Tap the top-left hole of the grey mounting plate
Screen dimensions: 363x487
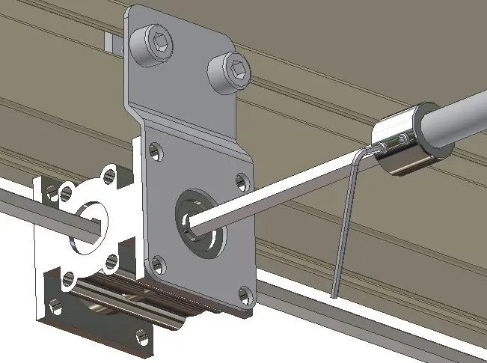pos(155,150)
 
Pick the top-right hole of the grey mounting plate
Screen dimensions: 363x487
pos(242,180)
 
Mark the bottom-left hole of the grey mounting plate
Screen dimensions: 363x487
pos(156,264)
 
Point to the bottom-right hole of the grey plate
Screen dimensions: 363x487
pos(244,293)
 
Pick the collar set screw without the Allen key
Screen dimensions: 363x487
pos(404,138)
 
